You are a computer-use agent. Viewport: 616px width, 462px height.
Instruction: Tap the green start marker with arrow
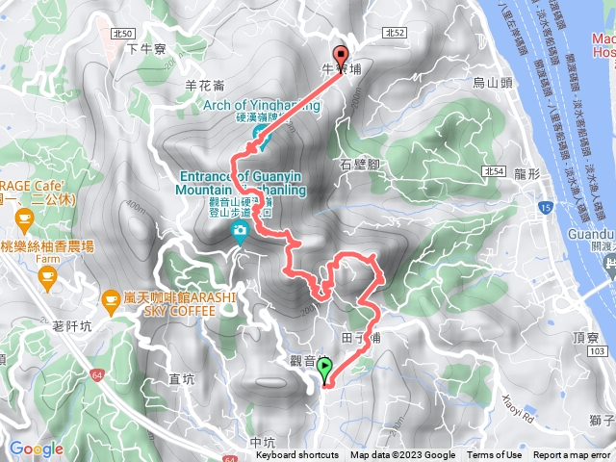(x=325, y=368)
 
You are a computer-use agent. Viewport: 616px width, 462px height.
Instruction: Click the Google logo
(x=36, y=449)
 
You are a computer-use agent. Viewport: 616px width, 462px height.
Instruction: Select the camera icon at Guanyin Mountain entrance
(x=240, y=229)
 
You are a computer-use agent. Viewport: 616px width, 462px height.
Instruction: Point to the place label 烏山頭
(x=492, y=84)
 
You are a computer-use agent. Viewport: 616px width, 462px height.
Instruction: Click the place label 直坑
(x=182, y=379)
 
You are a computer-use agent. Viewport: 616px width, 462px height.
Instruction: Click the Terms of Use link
(x=496, y=455)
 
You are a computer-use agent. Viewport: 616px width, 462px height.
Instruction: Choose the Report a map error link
(x=572, y=455)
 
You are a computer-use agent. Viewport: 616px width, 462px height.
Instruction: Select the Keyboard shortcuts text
(x=297, y=455)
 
